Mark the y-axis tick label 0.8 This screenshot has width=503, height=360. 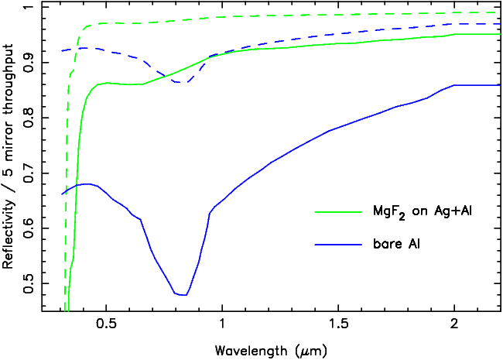(29, 119)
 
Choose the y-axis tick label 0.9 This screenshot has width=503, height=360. (29, 65)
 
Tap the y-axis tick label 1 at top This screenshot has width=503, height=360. (29, 10)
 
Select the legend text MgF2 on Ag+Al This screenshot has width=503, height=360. (406, 211)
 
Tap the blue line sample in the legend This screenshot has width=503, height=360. (338, 244)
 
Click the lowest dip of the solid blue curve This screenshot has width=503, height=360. (183, 295)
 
